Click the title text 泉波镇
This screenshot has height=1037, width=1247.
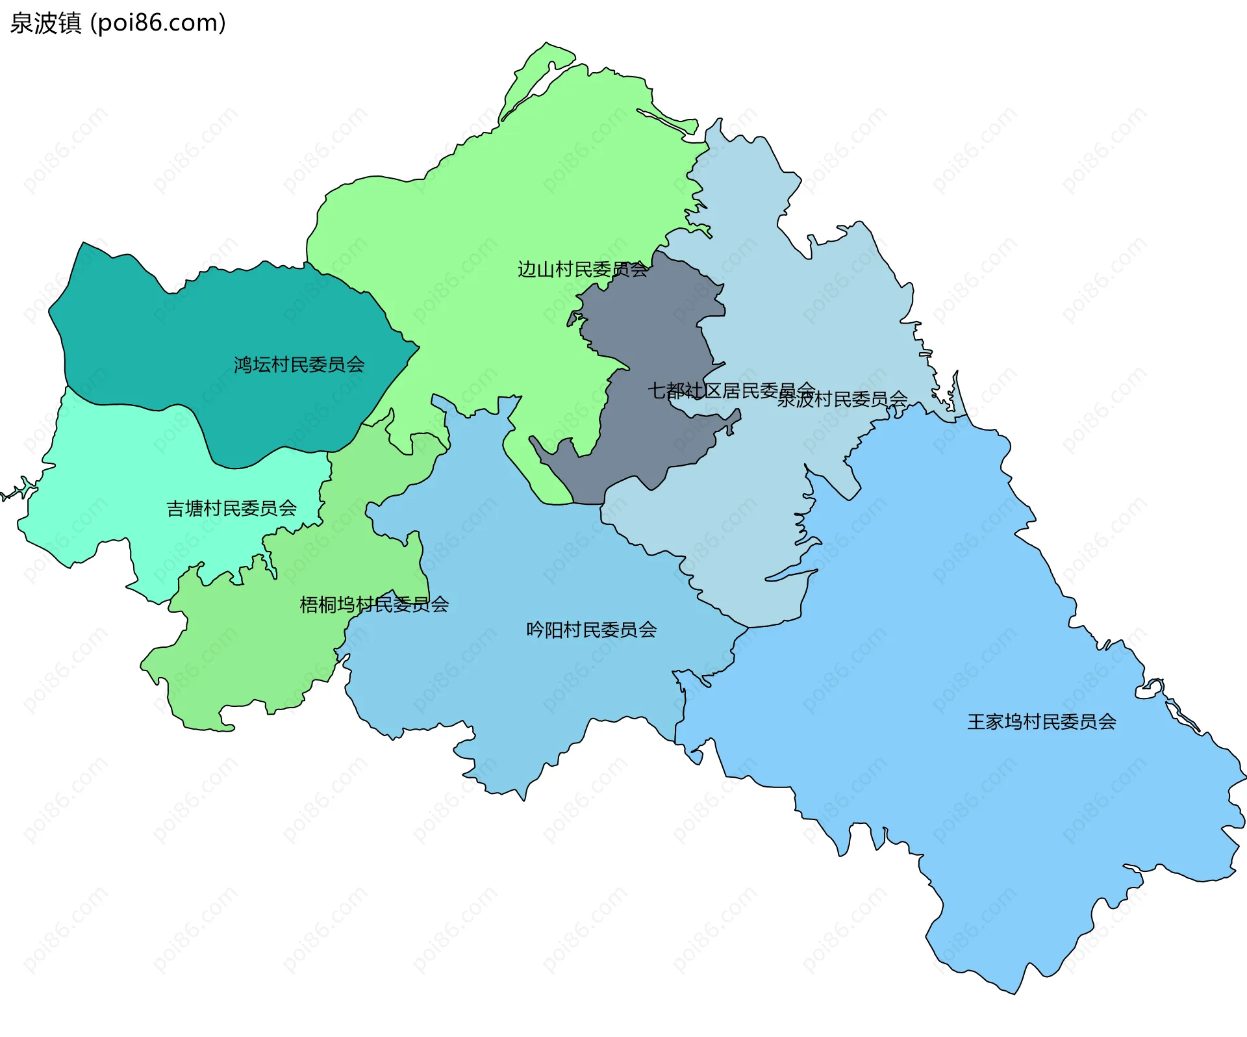[x=45, y=23]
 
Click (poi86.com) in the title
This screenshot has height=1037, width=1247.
[x=158, y=23]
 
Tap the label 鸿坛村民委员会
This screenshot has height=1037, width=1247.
[x=299, y=365]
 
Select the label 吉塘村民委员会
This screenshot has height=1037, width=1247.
[x=231, y=508]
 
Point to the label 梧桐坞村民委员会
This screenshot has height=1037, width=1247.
[x=373, y=605]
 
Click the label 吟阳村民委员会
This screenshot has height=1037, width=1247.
[x=591, y=630]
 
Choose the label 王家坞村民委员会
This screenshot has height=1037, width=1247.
[x=1041, y=722]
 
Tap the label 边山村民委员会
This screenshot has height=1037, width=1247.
[x=582, y=269]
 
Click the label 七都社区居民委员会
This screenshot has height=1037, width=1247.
[x=731, y=390]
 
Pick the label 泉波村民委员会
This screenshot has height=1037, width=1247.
[x=842, y=399]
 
